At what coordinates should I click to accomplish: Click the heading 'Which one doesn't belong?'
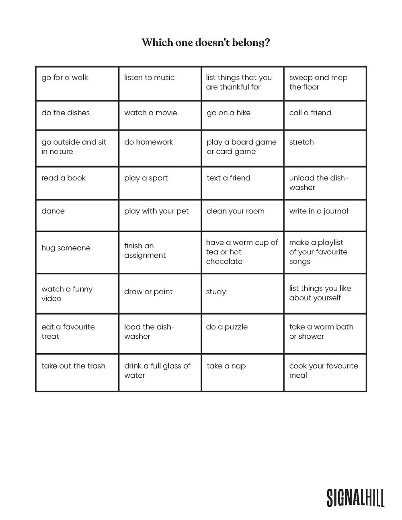[205, 42]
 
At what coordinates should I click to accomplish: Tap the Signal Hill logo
[355, 497]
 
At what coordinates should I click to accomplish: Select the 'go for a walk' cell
[77, 84]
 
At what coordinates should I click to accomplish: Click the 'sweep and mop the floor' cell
[325, 84]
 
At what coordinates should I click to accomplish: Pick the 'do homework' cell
[160, 148]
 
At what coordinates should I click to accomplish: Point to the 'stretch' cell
[325, 148]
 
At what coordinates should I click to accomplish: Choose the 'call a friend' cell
[325, 115]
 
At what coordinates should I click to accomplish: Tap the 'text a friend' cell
[242, 183]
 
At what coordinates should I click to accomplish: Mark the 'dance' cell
[77, 215]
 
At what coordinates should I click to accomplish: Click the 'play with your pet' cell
[160, 215]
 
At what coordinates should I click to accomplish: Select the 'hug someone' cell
[77, 252]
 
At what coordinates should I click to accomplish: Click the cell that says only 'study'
[242, 294]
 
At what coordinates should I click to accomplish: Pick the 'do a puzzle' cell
[242, 334]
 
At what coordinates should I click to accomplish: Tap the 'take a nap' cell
[242, 372]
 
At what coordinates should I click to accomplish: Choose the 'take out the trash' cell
[77, 372]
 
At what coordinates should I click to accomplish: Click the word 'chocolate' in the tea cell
[224, 262]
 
